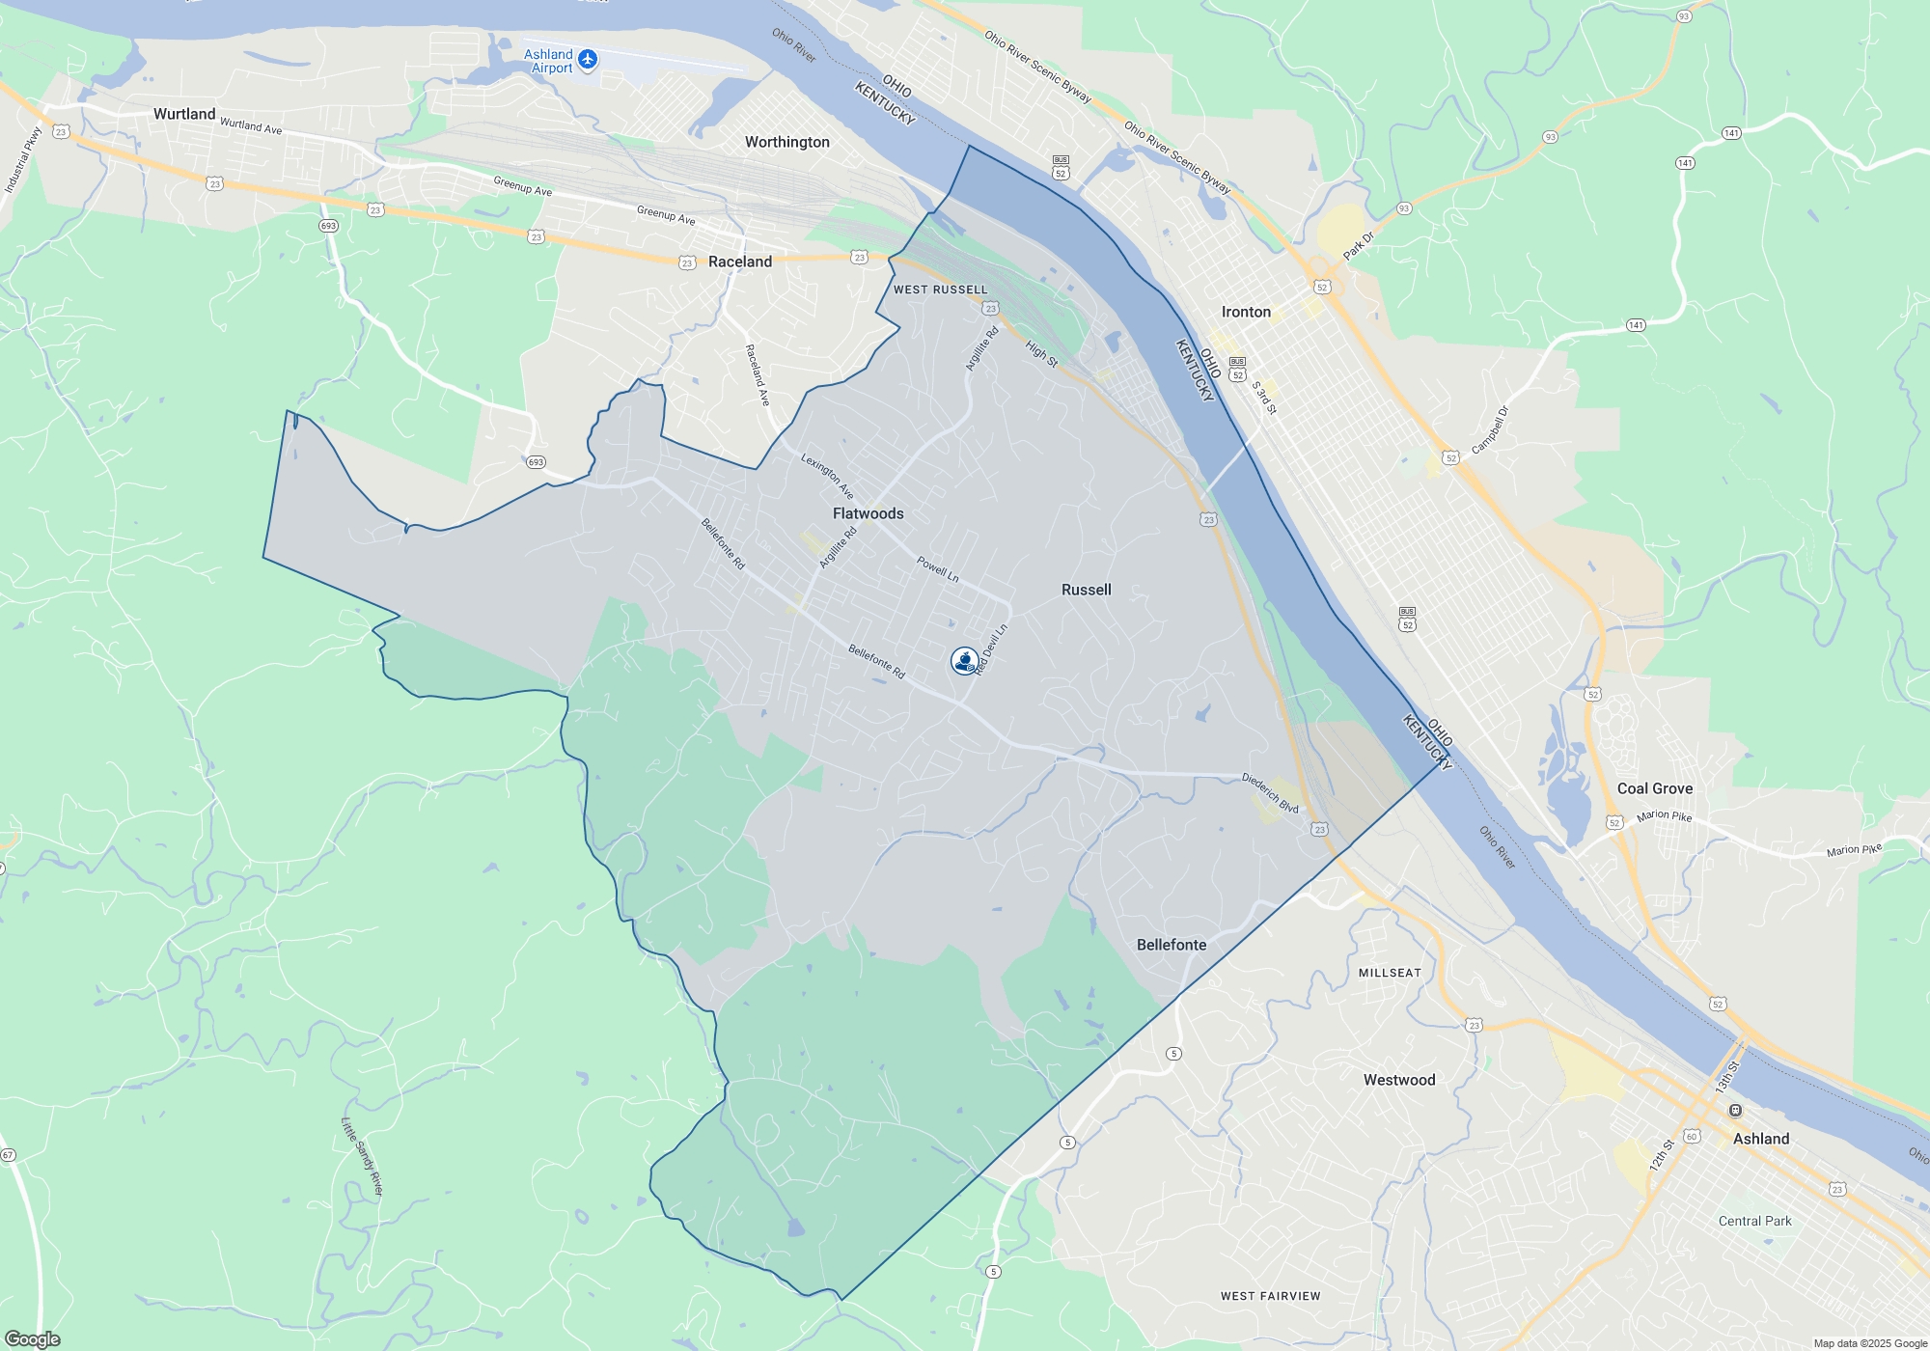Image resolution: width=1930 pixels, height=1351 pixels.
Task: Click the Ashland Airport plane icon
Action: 588,60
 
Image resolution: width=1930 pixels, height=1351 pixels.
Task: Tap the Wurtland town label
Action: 184,114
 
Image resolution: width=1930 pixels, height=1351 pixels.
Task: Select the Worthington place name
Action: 786,142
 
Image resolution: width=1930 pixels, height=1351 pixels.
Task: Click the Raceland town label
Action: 740,262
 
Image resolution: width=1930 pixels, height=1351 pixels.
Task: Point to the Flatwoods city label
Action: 868,513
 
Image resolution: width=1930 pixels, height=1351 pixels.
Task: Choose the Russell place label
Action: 1086,590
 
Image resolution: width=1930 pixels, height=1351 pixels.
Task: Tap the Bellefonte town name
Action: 1171,945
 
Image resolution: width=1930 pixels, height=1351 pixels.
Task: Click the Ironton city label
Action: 1246,312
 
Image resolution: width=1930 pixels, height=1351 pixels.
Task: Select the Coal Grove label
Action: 1654,788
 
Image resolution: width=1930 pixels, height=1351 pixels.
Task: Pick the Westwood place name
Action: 1398,1080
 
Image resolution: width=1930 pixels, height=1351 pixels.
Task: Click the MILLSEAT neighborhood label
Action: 1390,973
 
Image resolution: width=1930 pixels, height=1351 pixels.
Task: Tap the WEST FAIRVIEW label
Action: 1270,1296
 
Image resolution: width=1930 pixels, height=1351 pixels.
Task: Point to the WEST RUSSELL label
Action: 940,289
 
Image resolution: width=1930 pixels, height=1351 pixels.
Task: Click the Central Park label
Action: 1754,1221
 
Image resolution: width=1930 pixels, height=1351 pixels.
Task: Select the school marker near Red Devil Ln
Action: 964,660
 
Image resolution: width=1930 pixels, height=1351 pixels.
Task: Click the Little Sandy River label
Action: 363,1156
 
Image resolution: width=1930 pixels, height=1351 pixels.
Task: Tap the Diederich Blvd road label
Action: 1270,792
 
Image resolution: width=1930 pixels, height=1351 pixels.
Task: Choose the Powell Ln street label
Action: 937,568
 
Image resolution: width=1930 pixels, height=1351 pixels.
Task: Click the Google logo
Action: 33,1339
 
